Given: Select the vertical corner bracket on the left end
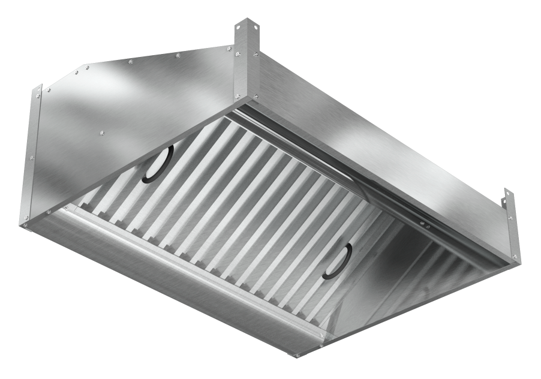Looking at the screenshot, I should tap(34, 156).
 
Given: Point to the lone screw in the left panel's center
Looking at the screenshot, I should tap(103, 133).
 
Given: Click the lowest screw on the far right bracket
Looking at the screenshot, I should tap(514, 258).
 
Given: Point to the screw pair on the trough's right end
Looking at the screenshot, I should tap(321, 345).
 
